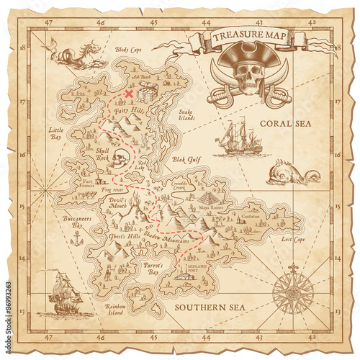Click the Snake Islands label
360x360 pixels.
186,114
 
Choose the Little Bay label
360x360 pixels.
55,133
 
